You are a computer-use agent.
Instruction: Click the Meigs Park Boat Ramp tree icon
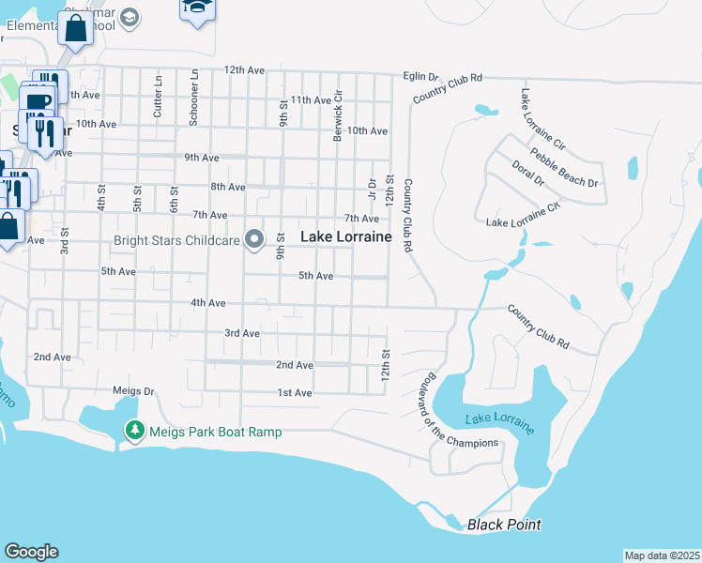tap(135, 431)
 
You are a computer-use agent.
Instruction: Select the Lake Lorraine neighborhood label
tap(345, 237)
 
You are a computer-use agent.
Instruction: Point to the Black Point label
tap(505, 525)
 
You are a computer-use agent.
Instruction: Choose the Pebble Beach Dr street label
tap(563, 168)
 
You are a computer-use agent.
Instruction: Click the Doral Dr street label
tap(527, 173)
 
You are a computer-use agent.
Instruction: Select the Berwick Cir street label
tap(338, 116)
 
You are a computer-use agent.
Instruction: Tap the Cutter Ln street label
tap(158, 91)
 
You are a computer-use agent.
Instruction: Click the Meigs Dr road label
tap(132, 390)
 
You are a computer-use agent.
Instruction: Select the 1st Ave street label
tap(294, 393)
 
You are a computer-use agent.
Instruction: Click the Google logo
tap(32, 552)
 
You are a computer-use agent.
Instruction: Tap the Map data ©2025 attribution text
tap(661, 555)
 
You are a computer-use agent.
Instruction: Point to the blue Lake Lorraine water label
tap(498, 423)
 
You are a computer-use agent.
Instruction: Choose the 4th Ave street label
tap(207, 303)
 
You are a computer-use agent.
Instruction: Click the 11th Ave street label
tap(311, 99)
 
